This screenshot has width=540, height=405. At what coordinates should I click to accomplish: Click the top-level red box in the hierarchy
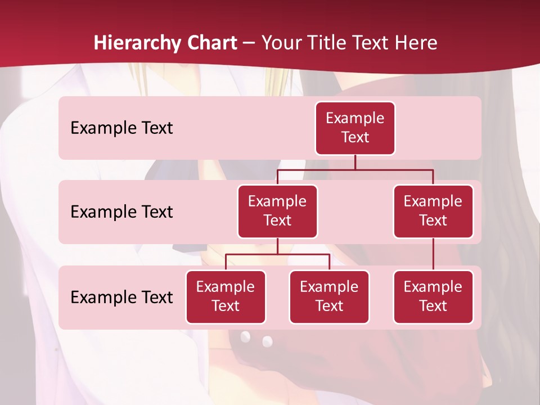[x=355, y=128]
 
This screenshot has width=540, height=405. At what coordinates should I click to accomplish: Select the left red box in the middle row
[x=277, y=211]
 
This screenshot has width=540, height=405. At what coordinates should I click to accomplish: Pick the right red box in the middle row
[x=433, y=211]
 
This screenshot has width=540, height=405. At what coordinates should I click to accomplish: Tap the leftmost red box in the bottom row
[x=226, y=297]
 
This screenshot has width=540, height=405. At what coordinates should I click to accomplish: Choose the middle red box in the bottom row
[x=329, y=297]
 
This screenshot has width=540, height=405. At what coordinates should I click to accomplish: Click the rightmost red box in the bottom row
[x=433, y=297]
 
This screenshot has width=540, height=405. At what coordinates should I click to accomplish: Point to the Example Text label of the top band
[x=121, y=128]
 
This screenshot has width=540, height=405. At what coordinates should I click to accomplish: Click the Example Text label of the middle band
[x=121, y=212]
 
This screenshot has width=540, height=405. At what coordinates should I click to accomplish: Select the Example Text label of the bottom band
[x=121, y=298]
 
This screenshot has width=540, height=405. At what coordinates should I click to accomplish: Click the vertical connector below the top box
[x=355, y=162]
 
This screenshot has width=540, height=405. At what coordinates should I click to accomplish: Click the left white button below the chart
[x=245, y=336]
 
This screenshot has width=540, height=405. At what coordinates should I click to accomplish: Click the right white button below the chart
[x=267, y=341]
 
